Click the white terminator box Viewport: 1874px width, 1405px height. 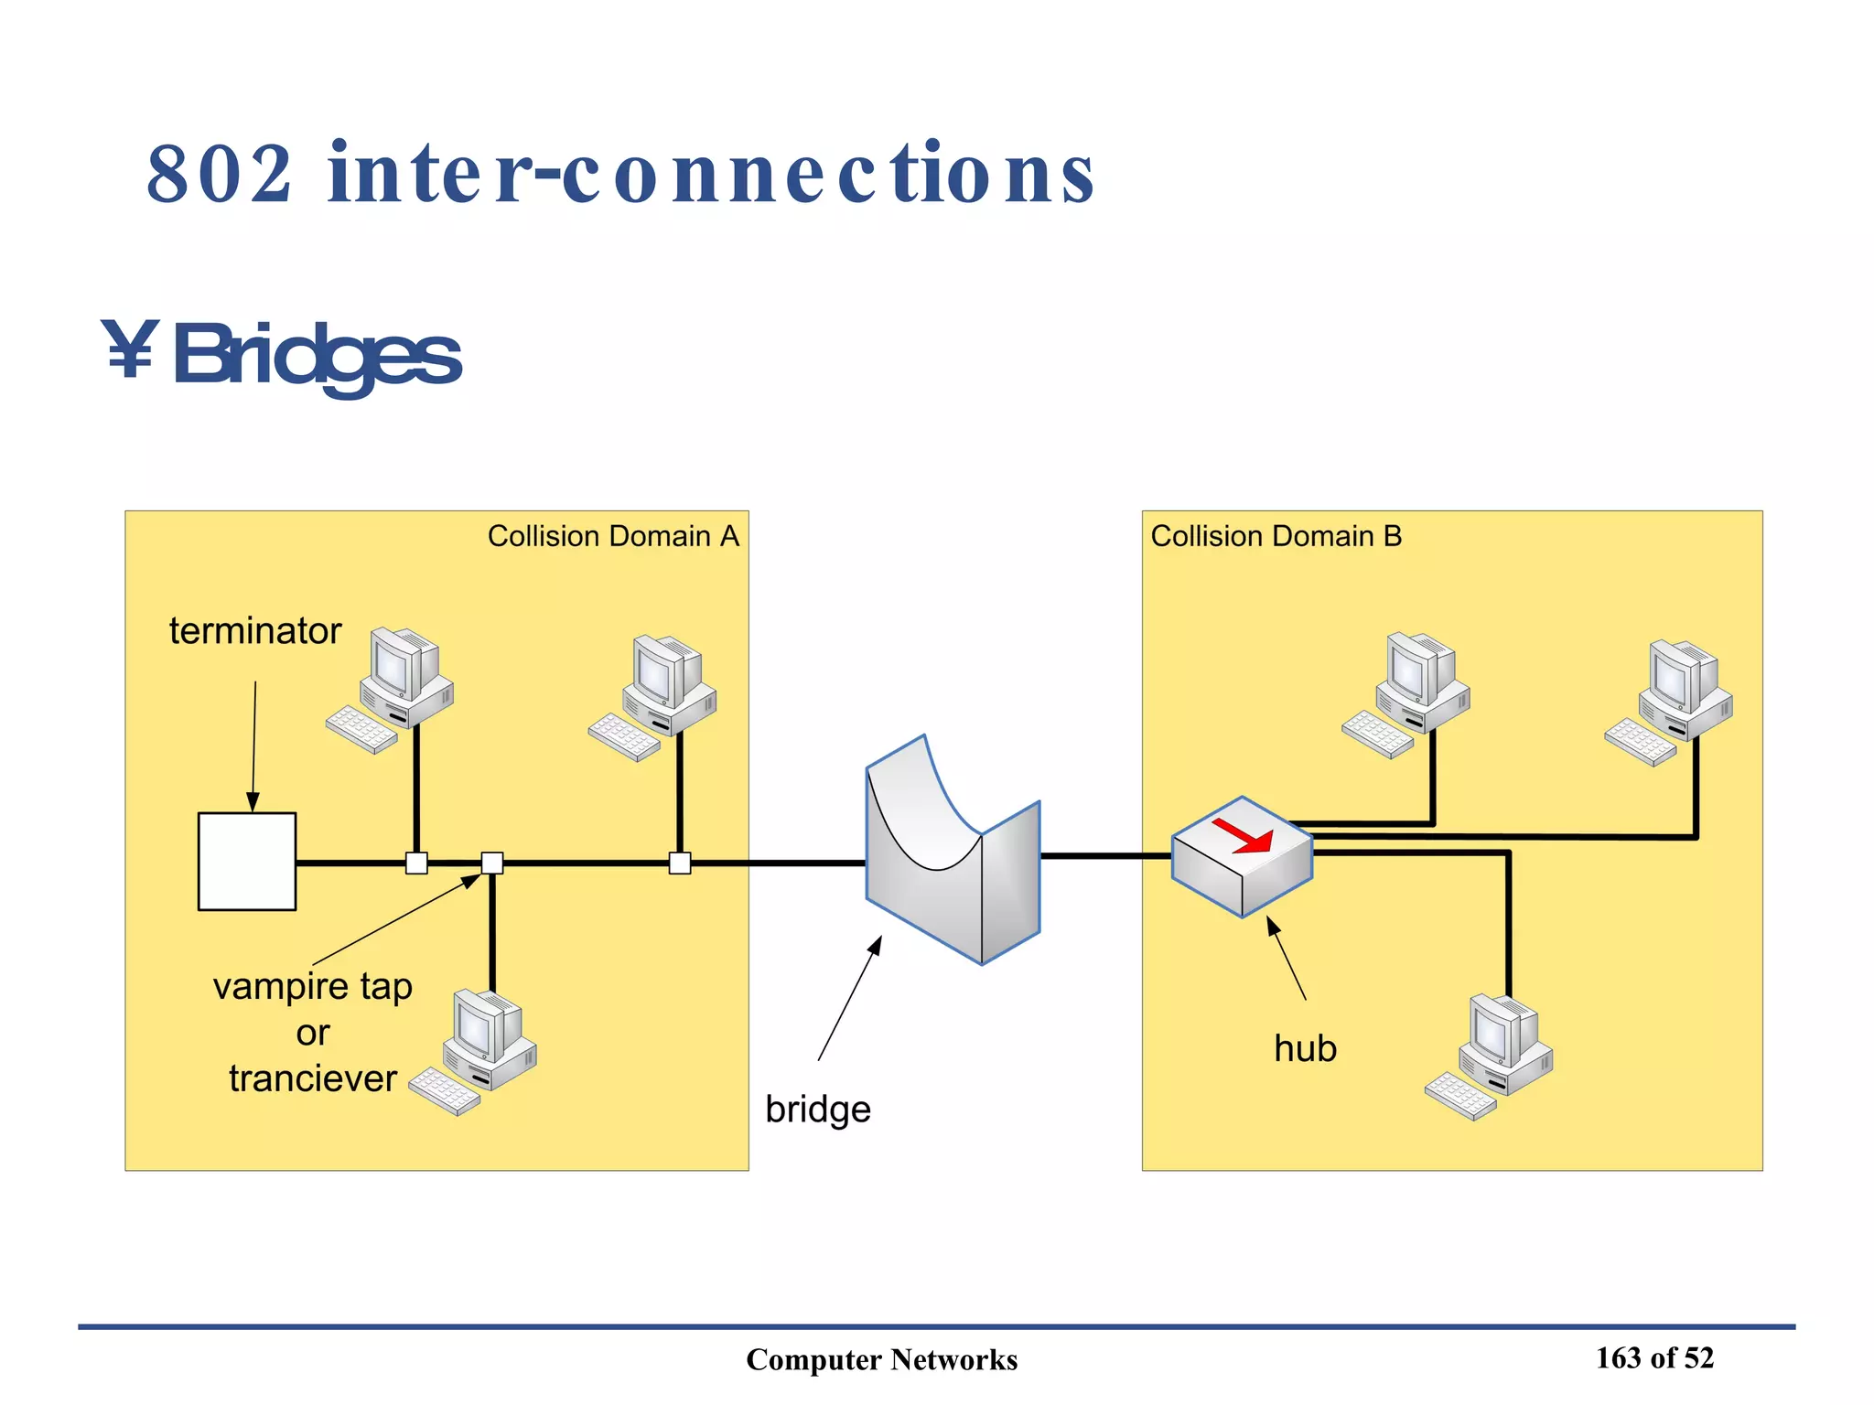246,861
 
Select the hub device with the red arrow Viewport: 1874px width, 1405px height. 1242,857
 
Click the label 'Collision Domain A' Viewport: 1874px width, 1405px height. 612,536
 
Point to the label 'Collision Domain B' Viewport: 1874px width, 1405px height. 1275,536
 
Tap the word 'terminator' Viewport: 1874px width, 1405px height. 254,631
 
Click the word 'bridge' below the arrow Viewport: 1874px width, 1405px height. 817,1110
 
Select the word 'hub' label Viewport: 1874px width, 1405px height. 1304,1048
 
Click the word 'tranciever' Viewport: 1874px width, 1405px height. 312,1078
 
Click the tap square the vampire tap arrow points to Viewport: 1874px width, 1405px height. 491,863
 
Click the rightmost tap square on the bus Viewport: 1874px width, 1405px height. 679,863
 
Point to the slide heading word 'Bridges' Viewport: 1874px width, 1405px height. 316,357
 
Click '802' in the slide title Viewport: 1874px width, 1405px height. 220,174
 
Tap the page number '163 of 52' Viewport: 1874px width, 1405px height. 1653,1357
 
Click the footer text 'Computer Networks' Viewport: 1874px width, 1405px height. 881,1359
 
